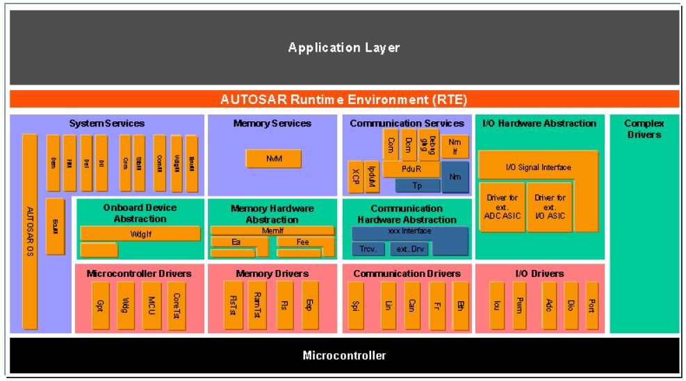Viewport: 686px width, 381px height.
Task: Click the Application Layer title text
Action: (x=344, y=48)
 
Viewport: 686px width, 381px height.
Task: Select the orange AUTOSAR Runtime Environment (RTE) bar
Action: (x=344, y=99)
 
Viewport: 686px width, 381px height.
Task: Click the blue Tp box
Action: (x=417, y=185)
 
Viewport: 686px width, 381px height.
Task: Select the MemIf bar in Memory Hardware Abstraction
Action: (x=272, y=230)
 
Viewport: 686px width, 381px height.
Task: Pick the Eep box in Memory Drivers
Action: (x=310, y=304)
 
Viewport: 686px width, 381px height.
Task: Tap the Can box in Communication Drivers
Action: (x=412, y=304)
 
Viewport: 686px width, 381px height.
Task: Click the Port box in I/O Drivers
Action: (x=591, y=304)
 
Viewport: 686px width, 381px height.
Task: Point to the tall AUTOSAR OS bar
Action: (x=29, y=231)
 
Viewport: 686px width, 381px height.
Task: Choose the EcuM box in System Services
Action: (x=54, y=226)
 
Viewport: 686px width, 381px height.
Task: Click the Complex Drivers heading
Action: (x=644, y=128)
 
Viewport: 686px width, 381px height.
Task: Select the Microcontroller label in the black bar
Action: (x=344, y=355)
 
